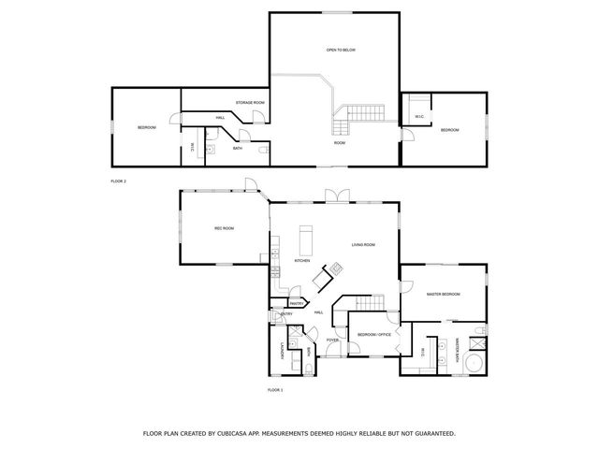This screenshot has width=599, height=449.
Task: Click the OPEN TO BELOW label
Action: pyautogui.click(x=340, y=50)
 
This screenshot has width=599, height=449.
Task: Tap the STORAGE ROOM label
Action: pyautogui.click(x=249, y=101)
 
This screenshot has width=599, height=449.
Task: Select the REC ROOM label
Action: pyautogui.click(x=224, y=227)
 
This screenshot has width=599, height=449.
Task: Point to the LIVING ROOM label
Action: pyautogui.click(x=363, y=245)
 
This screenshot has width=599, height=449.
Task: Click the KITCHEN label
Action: pyautogui.click(x=302, y=261)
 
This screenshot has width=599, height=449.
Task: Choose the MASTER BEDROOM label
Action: pyautogui.click(x=443, y=295)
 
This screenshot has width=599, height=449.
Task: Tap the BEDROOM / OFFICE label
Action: pyautogui.click(x=373, y=334)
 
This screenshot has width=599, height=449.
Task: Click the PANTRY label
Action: pyautogui.click(x=296, y=303)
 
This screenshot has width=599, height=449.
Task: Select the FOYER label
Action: pyautogui.click(x=332, y=340)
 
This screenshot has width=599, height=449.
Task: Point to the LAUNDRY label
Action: pyautogui.click(x=282, y=352)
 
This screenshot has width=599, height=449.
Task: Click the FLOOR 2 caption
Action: pyautogui.click(x=118, y=180)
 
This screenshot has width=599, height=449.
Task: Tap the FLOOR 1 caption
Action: pyautogui.click(x=275, y=388)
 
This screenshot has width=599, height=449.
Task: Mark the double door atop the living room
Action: pyautogui.click(x=334, y=195)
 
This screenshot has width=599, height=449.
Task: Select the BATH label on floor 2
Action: pyautogui.click(x=238, y=148)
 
